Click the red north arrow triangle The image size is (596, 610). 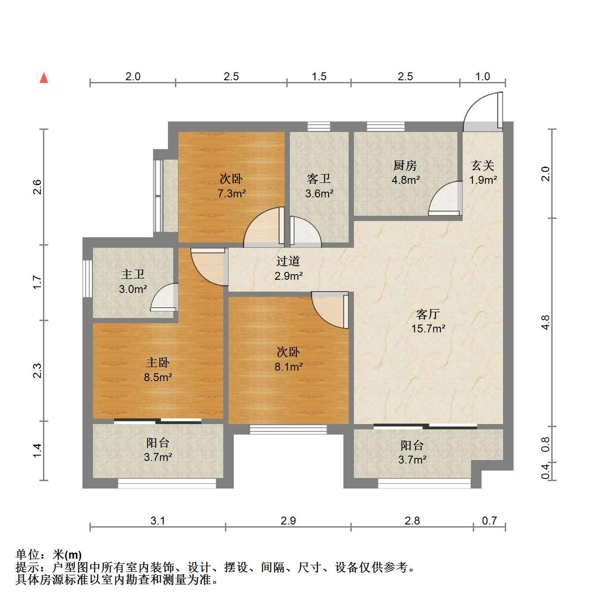pos(44,78)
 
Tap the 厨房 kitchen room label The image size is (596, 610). pos(405,165)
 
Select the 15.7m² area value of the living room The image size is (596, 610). pos(428,328)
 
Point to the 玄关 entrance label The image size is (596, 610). pos(483,165)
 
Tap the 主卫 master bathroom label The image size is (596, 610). pos(132,274)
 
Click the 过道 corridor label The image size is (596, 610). pos(288,261)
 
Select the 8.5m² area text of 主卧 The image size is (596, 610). pos(158,377)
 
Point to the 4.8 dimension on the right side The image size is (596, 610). pos(546,322)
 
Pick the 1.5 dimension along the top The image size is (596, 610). pos(319,76)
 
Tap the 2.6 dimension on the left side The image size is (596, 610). pos(37,187)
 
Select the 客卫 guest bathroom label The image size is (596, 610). pos(319,179)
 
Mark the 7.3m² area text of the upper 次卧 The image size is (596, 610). pos(232,193)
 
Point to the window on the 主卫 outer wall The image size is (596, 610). pos(87,278)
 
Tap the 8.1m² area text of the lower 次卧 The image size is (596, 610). pos(289,367)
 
